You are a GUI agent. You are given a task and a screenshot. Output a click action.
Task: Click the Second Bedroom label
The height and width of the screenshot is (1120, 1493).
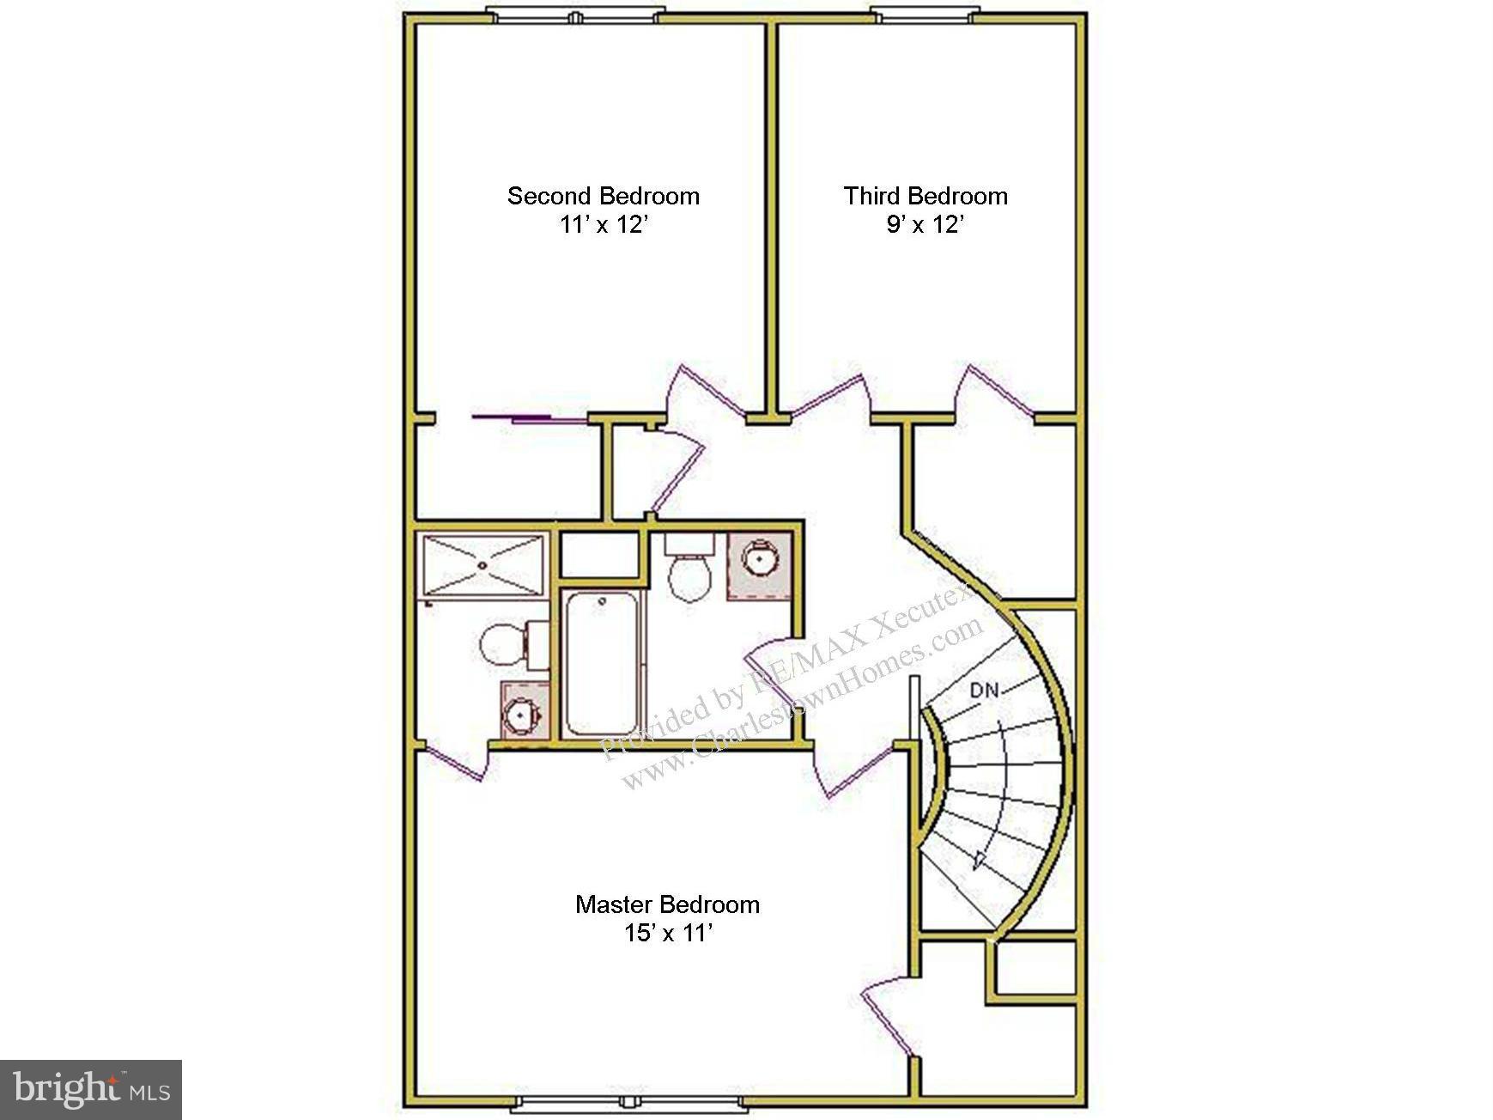pos(603,196)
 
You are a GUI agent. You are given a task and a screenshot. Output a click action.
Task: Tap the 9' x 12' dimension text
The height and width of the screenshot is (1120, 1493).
pos(925,225)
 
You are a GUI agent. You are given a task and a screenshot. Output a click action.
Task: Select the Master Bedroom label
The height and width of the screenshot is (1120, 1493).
pos(667,904)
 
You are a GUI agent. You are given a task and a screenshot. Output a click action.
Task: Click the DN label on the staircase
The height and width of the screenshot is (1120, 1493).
pos(984,690)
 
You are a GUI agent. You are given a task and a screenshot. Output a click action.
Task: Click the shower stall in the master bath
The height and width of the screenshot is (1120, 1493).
pos(482,564)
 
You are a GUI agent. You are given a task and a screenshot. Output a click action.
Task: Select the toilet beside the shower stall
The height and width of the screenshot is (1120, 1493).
pos(507,644)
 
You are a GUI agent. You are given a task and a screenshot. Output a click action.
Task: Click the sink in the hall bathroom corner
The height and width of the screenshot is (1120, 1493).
pos(759,562)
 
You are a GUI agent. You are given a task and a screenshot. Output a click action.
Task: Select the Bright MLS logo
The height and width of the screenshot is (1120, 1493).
pos(91,1090)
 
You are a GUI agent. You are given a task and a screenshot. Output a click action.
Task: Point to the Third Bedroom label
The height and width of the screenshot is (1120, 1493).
pos(925,196)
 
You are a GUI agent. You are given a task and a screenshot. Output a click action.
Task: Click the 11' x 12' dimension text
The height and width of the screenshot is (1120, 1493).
pos(603,225)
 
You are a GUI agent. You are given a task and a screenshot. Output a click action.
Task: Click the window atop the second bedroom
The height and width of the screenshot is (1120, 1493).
pos(575,15)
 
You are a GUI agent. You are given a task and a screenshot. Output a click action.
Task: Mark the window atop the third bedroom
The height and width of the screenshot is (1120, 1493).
pos(925,15)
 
